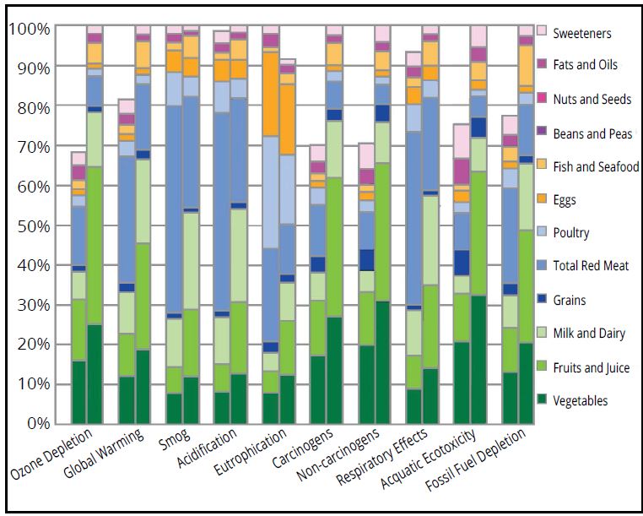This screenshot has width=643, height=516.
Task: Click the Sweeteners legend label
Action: pyautogui.click(x=581, y=33)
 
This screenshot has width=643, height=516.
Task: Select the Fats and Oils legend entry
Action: pyautogui.click(x=586, y=65)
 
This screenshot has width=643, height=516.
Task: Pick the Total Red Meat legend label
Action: pyautogui.click(x=592, y=266)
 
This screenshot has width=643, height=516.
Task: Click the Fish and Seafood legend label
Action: pyautogui.click(x=596, y=166)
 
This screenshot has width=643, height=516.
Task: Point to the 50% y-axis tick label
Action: pyautogui.click(x=31, y=226)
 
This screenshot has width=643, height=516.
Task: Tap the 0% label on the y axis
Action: pyautogui.click(x=35, y=424)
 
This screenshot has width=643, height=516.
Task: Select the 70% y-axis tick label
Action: pyautogui.click(x=31, y=147)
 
